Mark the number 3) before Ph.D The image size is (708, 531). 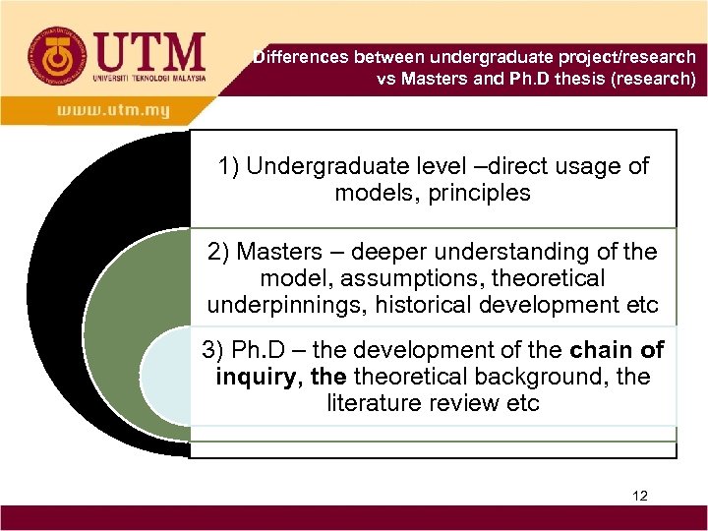(214, 350)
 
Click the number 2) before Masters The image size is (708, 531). (219, 252)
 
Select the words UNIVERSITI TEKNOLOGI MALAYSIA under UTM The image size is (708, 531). (148, 77)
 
